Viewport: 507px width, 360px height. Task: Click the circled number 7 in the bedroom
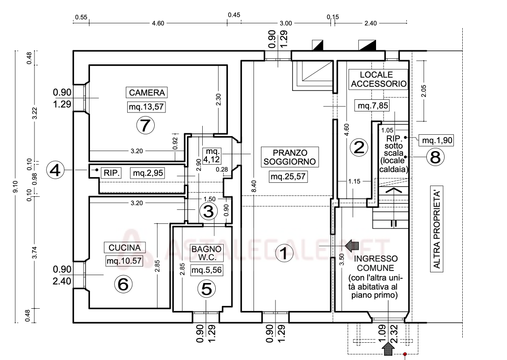pos(145,125)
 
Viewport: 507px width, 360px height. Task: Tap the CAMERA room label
pos(147,92)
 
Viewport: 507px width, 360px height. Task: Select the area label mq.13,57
pos(146,107)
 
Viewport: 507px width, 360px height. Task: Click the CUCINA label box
pos(124,248)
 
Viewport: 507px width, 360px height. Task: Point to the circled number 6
pos(123,284)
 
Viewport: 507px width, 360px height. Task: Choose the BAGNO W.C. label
pos(206,253)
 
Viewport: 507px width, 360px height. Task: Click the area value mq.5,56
pos(206,270)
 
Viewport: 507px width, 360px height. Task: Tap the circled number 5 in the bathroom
pos(206,289)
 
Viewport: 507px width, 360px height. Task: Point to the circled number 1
pos(284,253)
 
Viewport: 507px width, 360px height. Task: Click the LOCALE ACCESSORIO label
pos(379,79)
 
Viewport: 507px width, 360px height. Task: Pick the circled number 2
pos(359,147)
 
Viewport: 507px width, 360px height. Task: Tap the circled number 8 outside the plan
pos(435,157)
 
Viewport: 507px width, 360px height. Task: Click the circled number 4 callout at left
pos(55,170)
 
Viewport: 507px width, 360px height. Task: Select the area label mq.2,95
pos(148,173)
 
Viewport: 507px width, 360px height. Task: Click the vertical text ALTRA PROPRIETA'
pos(437,228)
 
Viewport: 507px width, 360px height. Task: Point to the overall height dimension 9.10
pos(16,187)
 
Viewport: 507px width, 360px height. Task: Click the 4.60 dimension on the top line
pos(158,23)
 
